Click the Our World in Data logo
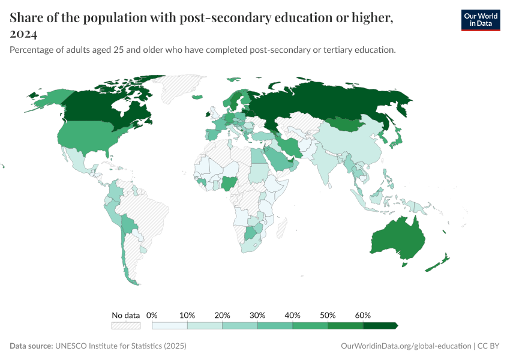480,20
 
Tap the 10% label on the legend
188,315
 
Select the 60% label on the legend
363,315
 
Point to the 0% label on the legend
152,315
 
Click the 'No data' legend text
125,315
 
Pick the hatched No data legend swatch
125,325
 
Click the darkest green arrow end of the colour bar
394,325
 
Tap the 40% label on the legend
293,315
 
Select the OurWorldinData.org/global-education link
405,346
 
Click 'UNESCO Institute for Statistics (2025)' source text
121,346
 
